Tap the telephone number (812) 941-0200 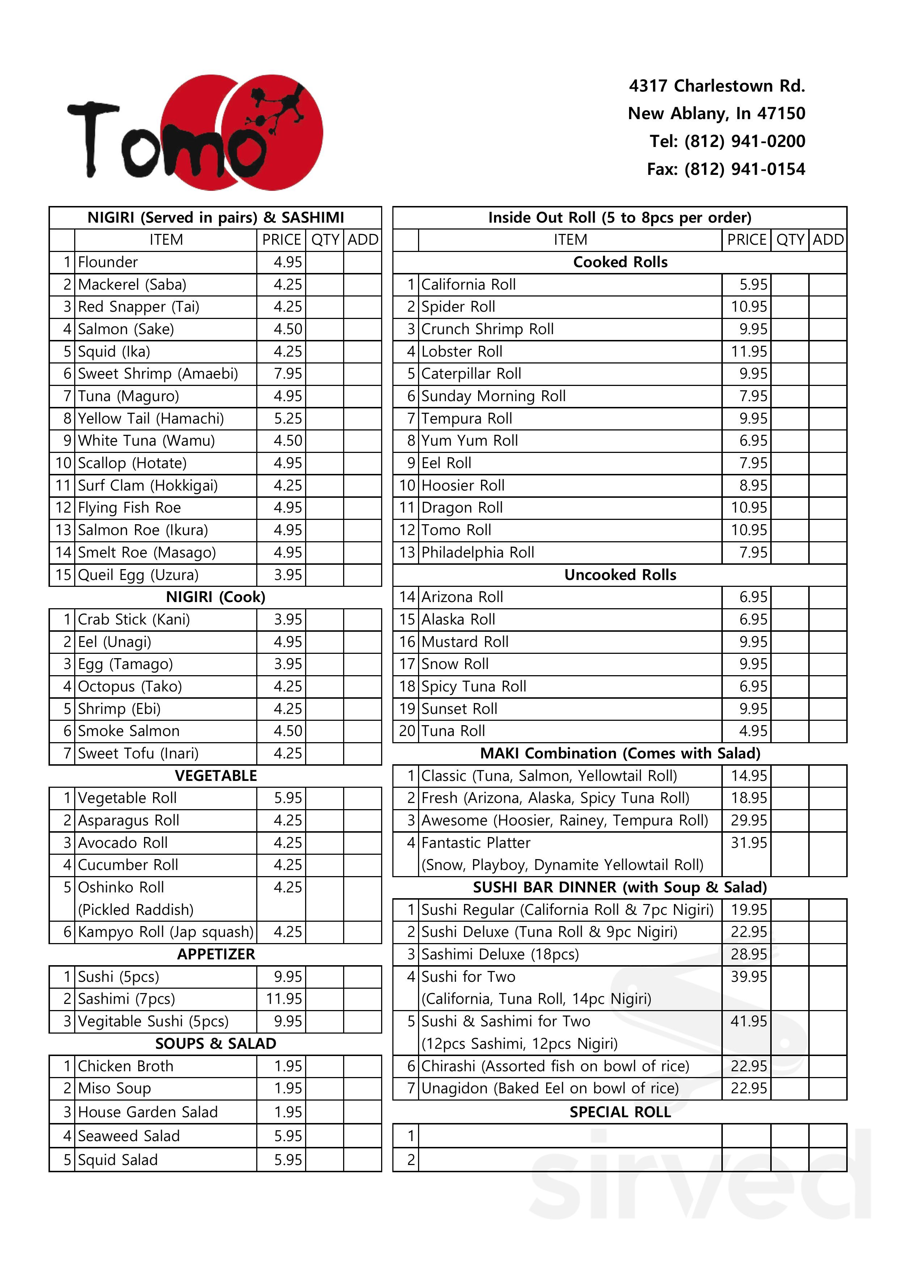click(727, 141)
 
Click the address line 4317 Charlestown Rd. click(717, 86)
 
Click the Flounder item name click(108, 262)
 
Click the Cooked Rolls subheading click(620, 262)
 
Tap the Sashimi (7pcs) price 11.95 click(284, 999)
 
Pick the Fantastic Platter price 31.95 click(749, 843)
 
